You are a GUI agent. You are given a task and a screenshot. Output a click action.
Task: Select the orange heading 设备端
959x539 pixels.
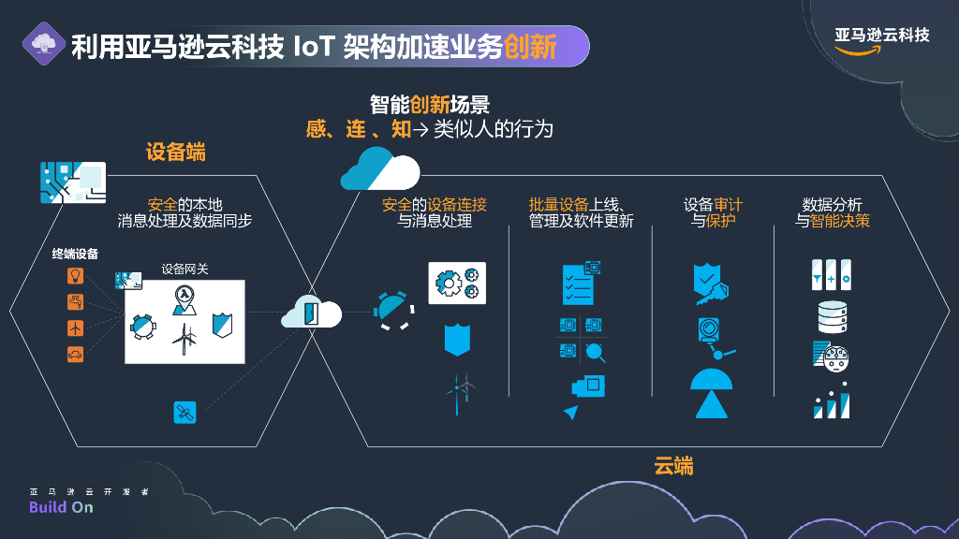175,152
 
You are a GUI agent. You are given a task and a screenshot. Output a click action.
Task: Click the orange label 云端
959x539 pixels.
673,465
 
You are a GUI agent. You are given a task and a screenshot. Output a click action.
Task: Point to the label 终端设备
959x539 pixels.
76,254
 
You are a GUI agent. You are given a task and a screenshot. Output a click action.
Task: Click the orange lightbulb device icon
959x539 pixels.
76,275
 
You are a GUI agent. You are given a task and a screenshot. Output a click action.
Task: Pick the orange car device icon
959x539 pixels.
76,354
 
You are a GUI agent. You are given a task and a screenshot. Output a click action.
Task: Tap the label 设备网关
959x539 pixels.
184,269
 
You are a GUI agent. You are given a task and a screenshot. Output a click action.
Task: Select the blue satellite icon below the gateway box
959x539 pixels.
184,412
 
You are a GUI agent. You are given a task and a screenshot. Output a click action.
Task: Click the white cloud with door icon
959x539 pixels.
312,312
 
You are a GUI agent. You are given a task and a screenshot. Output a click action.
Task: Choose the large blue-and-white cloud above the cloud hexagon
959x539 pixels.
379,168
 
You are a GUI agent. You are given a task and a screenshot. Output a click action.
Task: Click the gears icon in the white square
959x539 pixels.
457,283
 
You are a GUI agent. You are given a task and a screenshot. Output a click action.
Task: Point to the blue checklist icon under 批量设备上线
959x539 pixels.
577,284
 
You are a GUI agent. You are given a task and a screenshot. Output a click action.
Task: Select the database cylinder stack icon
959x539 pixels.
832,317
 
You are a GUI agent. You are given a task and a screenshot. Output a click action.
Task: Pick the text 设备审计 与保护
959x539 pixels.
713,212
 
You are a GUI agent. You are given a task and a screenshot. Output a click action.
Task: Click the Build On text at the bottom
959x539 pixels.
61,507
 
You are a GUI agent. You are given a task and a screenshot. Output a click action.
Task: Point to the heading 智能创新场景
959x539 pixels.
430,105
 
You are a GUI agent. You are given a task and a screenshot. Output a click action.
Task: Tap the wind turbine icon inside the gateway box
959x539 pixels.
186,339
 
